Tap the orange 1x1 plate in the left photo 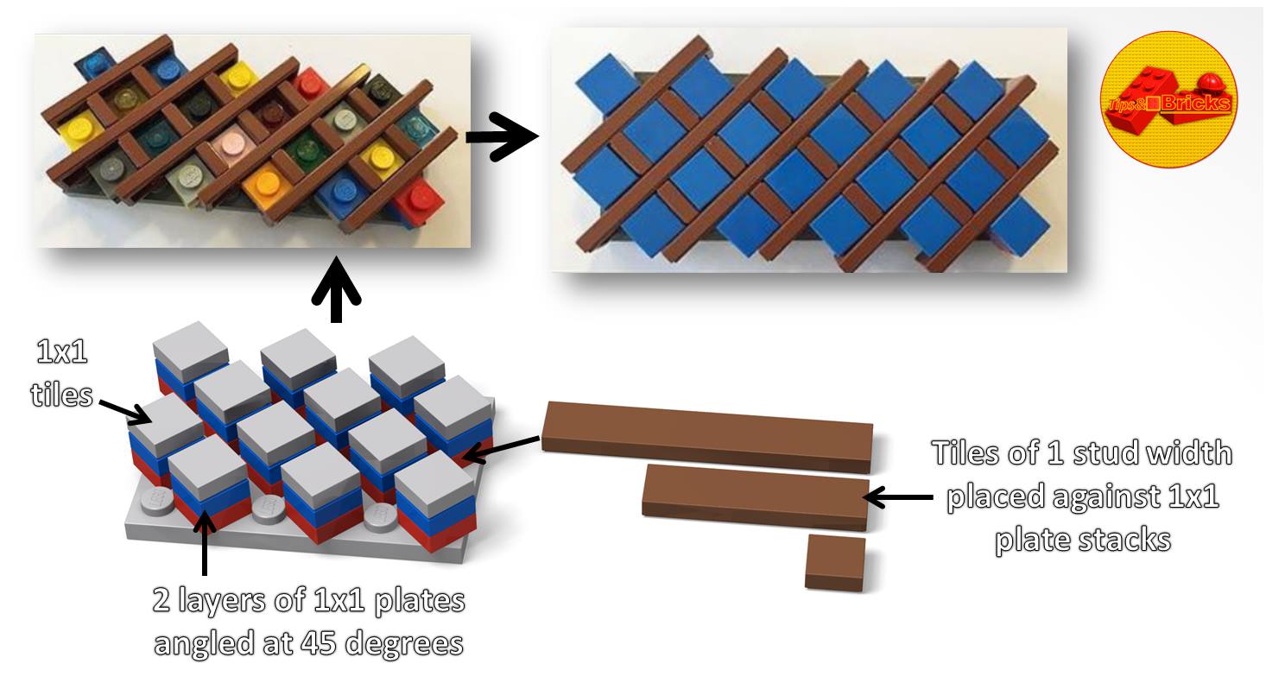coord(266,185)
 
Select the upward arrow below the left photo coord(336,290)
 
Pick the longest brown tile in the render coord(707,437)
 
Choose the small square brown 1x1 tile coord(835,563)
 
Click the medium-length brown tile coord(755,498)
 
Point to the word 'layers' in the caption coord(222,602)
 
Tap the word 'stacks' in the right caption coord(1127,540)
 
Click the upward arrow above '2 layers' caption coord(204,542)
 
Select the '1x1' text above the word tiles coord(62,352)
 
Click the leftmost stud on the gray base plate coord(156,500)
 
